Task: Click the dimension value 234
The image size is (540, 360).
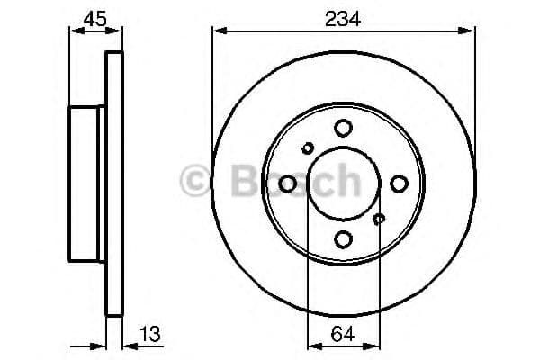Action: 343,19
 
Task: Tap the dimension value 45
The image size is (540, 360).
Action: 95,19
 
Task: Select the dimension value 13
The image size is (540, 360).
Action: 150,334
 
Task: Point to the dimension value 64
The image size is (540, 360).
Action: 343,334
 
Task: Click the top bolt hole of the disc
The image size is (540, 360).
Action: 344,128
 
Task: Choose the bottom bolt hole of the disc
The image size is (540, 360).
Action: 344,239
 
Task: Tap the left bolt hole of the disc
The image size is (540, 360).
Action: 288,184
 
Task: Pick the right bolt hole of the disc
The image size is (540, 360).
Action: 399,184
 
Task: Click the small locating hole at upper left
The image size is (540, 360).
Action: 308,148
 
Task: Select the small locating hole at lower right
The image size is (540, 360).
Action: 379,219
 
